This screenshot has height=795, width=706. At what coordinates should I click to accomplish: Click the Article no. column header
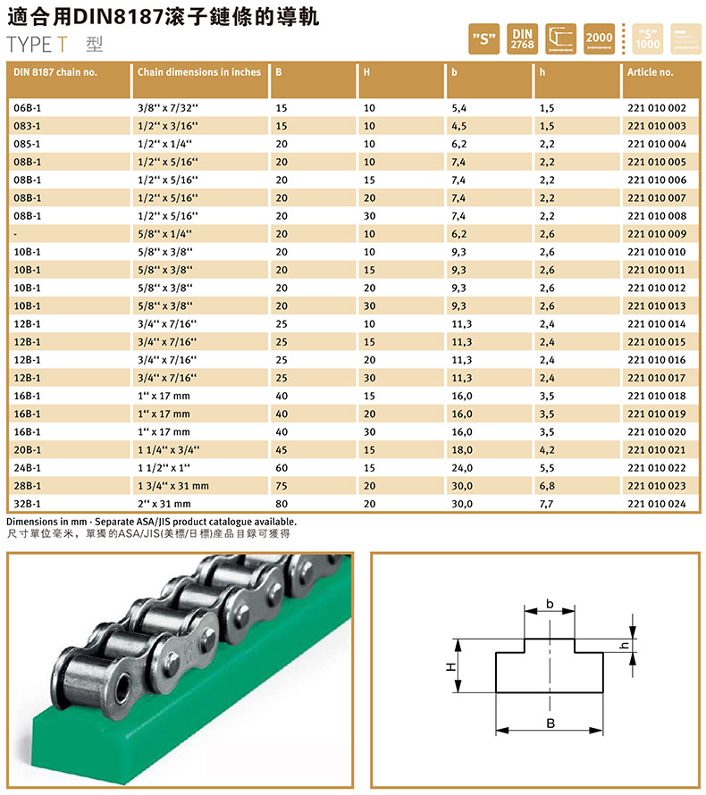(650, 72)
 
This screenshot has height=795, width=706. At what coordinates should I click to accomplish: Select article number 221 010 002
(656, 108)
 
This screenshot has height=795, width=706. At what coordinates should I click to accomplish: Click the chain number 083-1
(28, 126)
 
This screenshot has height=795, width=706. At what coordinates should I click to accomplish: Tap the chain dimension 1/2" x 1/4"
(164, 144)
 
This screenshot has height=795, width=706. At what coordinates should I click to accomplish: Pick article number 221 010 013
(656, 305)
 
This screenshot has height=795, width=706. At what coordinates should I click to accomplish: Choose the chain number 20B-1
(28, 449)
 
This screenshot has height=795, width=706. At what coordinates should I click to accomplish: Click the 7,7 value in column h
(546, 504)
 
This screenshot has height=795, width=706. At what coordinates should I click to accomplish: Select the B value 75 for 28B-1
(282, 486)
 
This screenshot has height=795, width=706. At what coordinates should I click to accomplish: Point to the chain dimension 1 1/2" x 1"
(164, 468)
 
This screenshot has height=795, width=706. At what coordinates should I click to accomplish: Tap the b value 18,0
(462, 449)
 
